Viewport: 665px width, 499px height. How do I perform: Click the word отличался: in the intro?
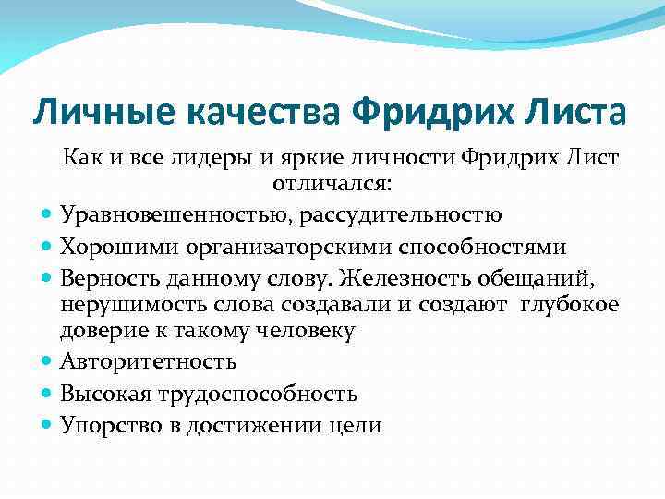point(332,184)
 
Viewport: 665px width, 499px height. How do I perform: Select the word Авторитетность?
point(149,362)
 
